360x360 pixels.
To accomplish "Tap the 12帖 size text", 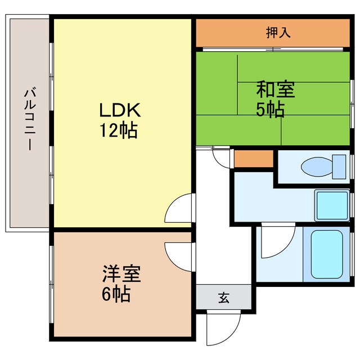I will click(119, 130).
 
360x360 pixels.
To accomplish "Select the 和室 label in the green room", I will click(276, 89).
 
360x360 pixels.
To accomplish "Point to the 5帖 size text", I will click(270, 109).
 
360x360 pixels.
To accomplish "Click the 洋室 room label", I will click(121, 274).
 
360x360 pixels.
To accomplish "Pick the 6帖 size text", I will click(116, 294).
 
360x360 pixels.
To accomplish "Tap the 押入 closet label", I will click(278, 33).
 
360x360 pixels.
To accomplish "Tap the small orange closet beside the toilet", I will click(253, 159).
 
